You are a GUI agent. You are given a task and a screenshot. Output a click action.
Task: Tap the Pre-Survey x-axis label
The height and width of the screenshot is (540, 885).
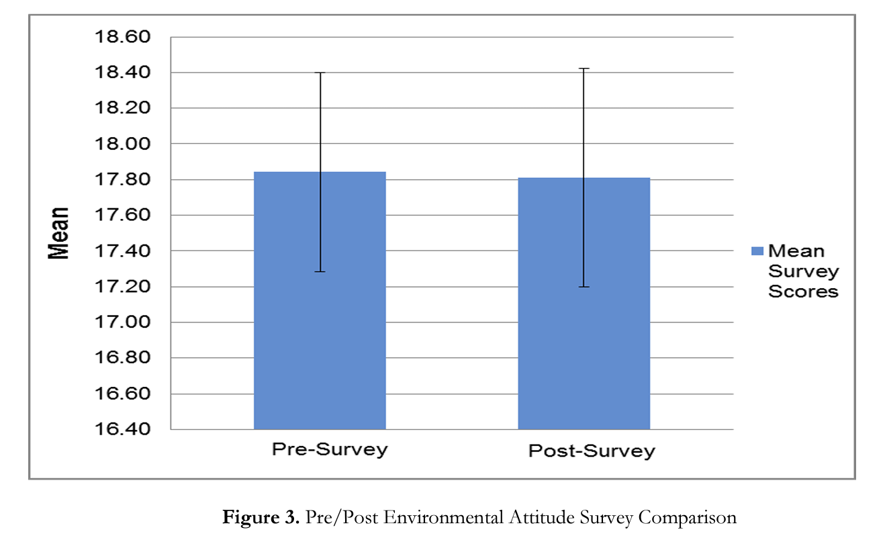coord(330,449)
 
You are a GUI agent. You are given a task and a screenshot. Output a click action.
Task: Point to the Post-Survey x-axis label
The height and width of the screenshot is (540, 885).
coord(591,450)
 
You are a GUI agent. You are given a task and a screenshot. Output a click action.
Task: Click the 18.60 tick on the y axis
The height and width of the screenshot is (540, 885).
coord(124,37)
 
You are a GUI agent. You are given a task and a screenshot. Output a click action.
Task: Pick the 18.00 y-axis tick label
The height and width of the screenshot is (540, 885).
coord(124,144)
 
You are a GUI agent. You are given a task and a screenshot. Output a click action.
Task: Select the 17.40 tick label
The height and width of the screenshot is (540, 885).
coord(124,251)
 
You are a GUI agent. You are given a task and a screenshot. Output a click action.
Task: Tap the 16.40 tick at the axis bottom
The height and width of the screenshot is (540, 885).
coord(124,429)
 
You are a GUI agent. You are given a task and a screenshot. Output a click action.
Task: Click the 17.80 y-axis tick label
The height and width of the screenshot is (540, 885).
coord(124,180)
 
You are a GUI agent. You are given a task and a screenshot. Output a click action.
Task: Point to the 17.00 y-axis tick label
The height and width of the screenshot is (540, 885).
coord(124,322)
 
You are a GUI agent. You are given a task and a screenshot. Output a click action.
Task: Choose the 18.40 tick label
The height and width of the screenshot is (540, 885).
coord(124,73)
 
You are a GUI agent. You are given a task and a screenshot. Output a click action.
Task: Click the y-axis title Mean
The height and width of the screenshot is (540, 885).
coord(58,232)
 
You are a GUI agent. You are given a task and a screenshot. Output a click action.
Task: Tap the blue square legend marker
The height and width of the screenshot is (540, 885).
coord(757,251)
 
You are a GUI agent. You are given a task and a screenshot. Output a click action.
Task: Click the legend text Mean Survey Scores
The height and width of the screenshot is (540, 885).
coord(803,271)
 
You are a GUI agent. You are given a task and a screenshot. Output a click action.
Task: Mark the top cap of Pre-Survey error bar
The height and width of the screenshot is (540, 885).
coord(320,73)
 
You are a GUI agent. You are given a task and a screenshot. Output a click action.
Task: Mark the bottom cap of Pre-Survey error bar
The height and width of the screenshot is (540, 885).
coord(320,271)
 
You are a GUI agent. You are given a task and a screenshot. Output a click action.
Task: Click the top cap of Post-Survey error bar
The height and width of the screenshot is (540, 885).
coord(584,69)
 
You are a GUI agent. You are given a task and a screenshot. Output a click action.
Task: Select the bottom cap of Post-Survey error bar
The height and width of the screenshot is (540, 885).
coord(584,287)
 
